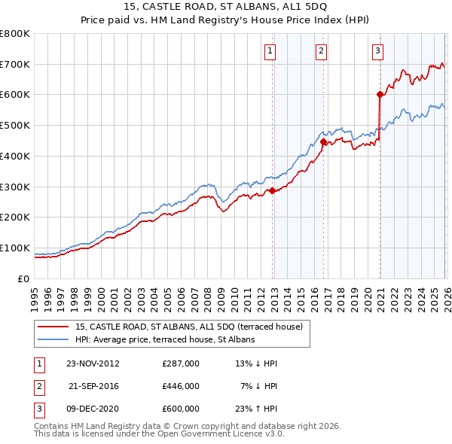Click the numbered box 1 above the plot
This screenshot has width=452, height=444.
(x=270, y=51)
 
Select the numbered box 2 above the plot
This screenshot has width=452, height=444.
(x=321, y=51)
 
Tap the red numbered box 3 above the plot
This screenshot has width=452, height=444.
(x=377, y=51)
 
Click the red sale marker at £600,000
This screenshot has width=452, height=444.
(x=380, y=94)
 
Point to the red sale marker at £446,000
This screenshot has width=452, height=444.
(x=323, y=141)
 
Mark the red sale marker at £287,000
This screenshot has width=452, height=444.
(x=273, y=190)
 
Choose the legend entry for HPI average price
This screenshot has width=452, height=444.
(x=164, y=339)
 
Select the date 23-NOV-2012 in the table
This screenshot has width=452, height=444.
(x=93, y=363)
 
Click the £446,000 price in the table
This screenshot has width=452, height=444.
(x=181, y=386)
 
